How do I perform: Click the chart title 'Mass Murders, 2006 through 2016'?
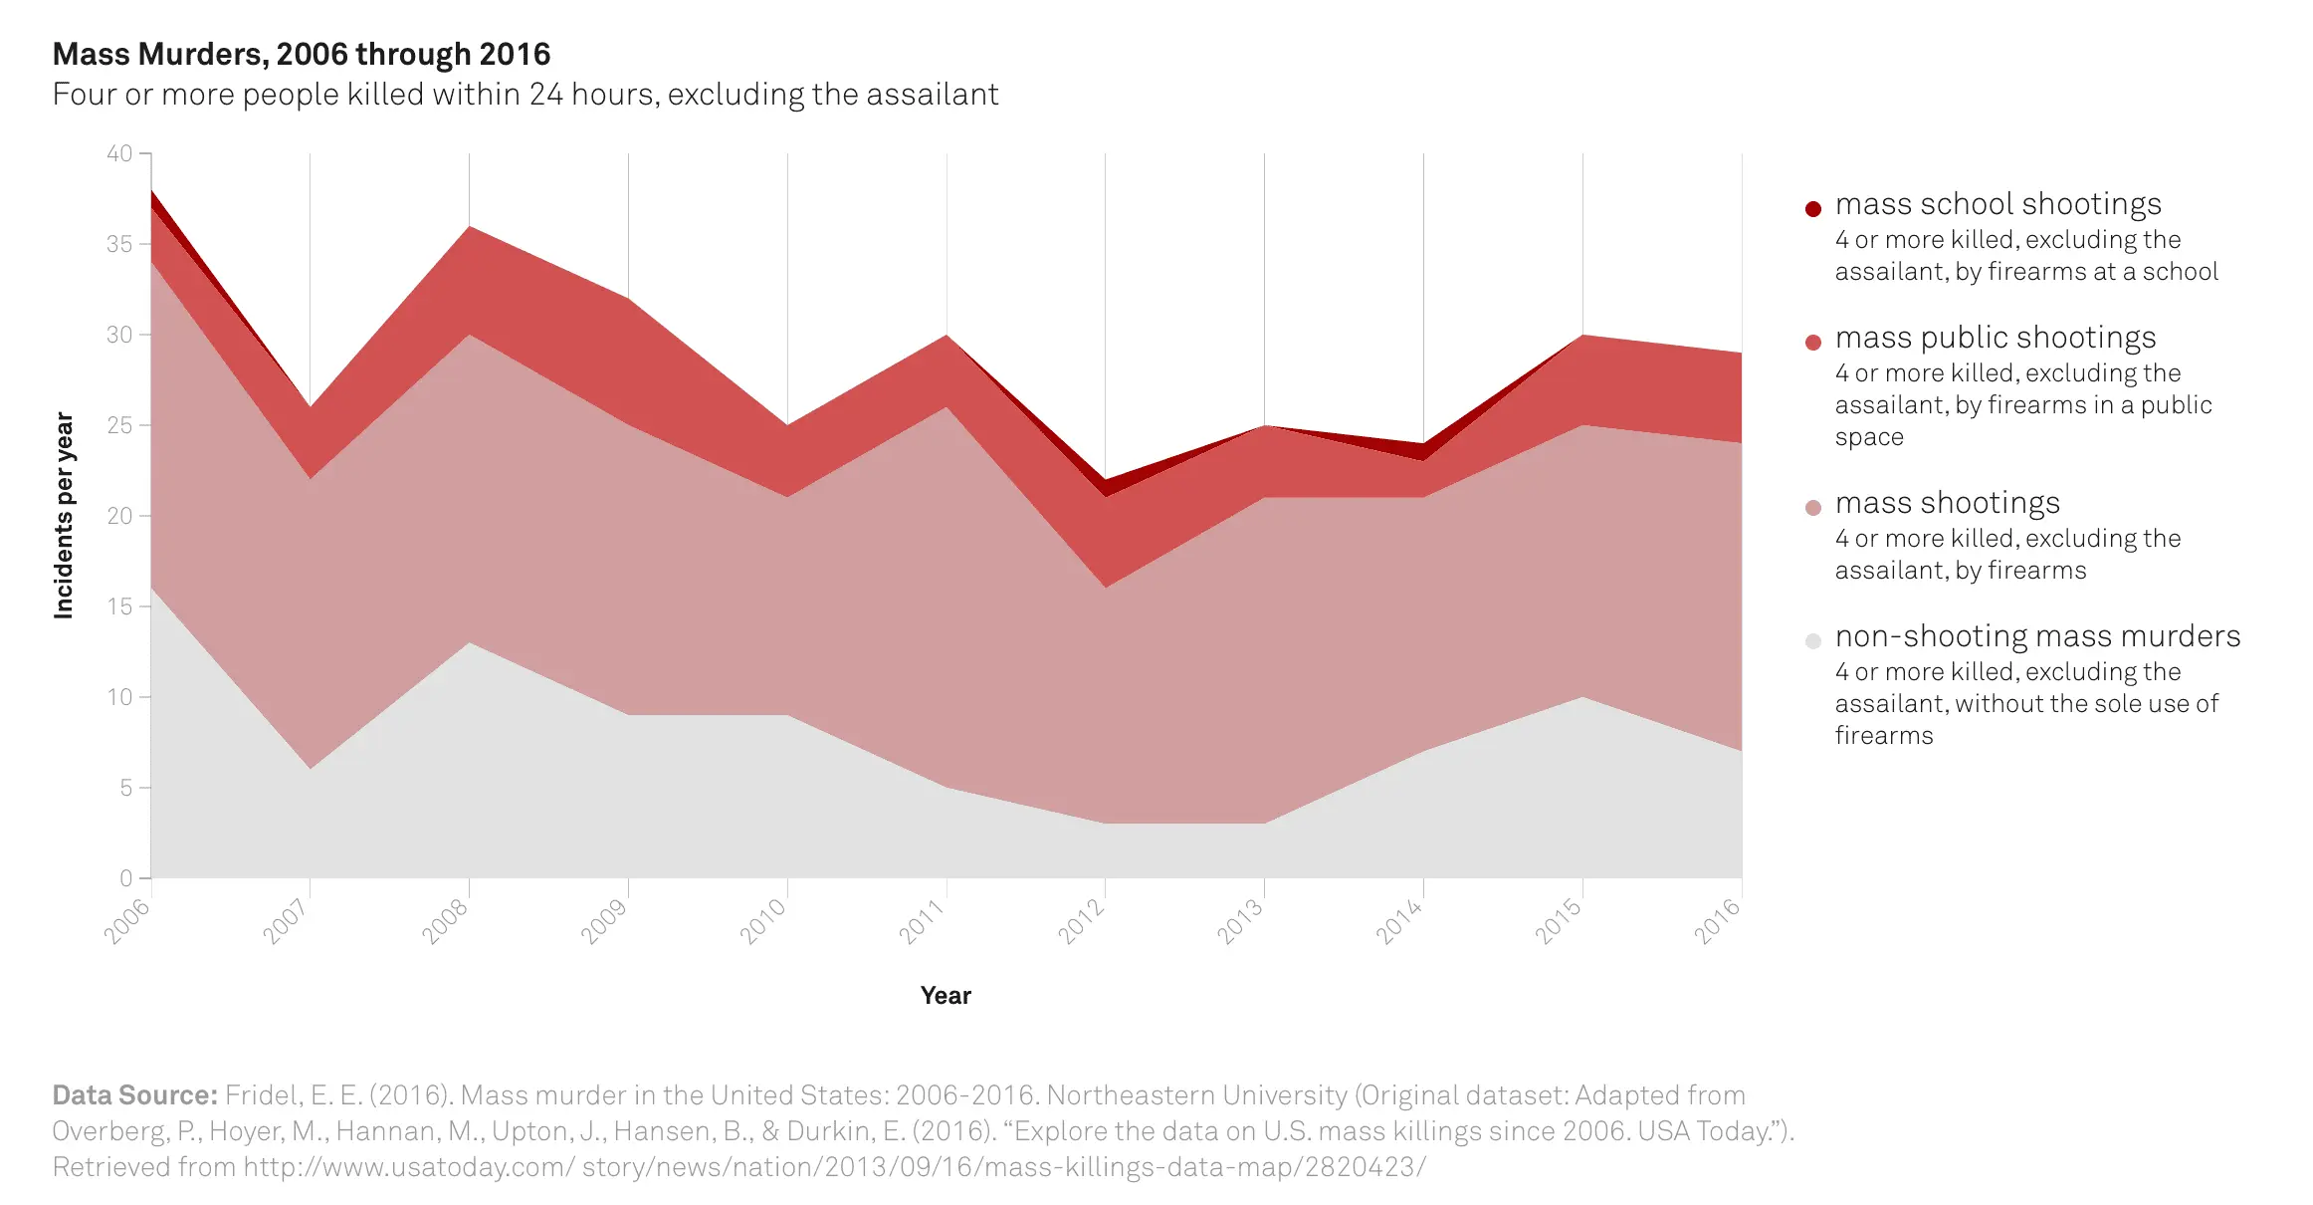[x=301, y=54]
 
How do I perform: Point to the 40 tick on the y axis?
[x=119, y=153]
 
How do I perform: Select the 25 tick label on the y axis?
[x=119, y=425]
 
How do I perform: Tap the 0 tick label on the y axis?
[x=125, y=878]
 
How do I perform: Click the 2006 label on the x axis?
[x=127, y=920]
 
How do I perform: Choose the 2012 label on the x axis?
[x=1081, y=920]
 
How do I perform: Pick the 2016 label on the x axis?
[x=1717, y=920]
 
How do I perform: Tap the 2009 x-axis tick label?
[x=604, y=920]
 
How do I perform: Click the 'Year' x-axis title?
[x=946, y=996]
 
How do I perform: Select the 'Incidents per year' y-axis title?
[x=64, y=516]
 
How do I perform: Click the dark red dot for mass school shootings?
[x=1813, y=208]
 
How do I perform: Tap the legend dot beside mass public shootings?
[x=1813, y=342]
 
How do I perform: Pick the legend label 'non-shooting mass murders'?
[x=2037, y=636]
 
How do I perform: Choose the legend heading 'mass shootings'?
[x=1947, y=503]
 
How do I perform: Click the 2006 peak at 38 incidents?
[x=152, y=190]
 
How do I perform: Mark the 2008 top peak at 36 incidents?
[x=470, y=227]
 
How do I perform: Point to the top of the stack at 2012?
[x=1106, y=480]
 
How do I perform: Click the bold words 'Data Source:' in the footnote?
[x=134, y=1095]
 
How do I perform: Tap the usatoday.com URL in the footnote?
[x=834, y=1167]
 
